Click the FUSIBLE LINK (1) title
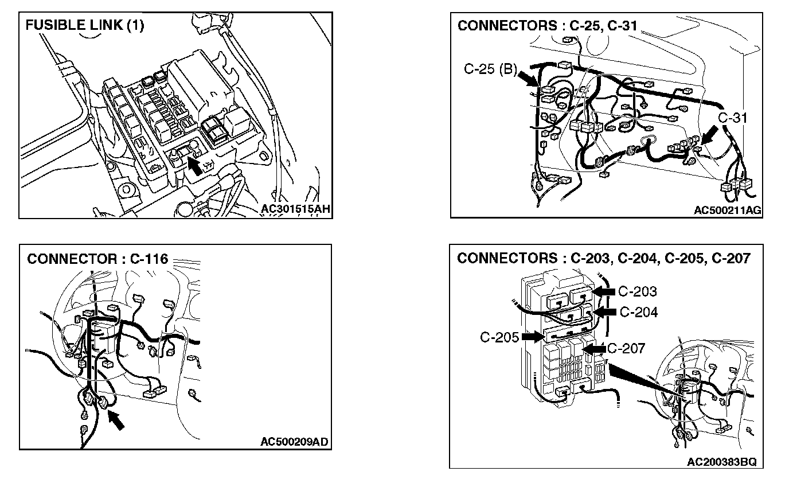click(x=84, y=26)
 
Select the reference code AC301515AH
click(x=295, y=209)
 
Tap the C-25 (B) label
click(x=490, y=70)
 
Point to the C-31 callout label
click(x=733, y=118)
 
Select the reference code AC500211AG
click(x=727, y=211)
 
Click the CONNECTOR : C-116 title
click(x=97, y=259)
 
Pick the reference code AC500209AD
click(x=294, y=442)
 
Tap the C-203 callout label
click(x=637, y=291)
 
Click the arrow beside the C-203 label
click(x=604, y=292)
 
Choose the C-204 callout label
click(x=639, y=312)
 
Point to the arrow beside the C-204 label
click(x=606, y=311)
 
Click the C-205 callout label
click(x=499, y=337)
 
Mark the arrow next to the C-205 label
click(x=532, y=337)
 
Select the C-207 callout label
click(x=626, y=348)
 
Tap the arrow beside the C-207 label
click(x=594, y=348)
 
